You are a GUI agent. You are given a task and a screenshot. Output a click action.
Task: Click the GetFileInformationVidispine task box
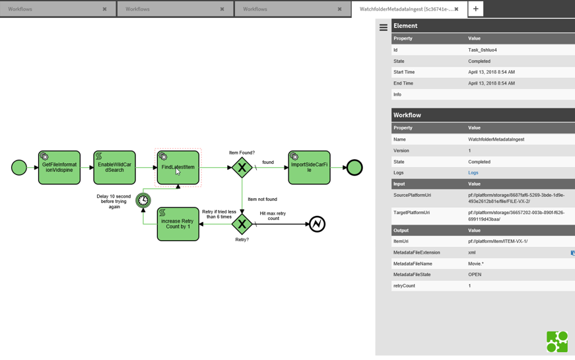(x=59, y=168)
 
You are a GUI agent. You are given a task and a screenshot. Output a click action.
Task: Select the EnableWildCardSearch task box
(x=115, y=168)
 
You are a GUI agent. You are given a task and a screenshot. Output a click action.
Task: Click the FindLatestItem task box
(x=178, y=168)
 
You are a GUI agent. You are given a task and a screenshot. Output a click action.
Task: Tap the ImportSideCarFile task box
(x=309, y=168)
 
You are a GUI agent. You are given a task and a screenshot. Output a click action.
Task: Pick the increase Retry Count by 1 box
(x=178, y=225)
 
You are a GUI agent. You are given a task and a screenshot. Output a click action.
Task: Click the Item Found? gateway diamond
(x=242, y=168)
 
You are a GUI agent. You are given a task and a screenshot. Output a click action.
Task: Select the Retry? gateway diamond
(x=242, y=225)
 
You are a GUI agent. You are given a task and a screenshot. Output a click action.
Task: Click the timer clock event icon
(x=143, y=200)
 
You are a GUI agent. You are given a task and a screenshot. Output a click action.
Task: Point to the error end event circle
(x=317, y=225)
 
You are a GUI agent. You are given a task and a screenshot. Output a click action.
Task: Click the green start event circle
(x=19, y=168)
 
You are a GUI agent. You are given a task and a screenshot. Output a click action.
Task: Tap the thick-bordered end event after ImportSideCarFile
(x=355, y=168)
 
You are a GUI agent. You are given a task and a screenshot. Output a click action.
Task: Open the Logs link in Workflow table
(x=473, y=173)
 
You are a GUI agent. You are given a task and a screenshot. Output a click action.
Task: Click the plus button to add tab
(x=475, y=9)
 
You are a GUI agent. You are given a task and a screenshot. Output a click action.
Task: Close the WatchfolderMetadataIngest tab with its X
(x=456, y=9)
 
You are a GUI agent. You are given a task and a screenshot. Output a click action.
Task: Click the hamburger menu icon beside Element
(x=384, y=28)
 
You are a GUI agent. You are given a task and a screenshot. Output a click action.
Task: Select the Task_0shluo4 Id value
(x=482, y=50)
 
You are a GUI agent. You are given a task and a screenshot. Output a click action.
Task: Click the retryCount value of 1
(x=470, y=286)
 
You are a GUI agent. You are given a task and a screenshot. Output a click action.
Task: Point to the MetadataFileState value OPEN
(x=475, y=275)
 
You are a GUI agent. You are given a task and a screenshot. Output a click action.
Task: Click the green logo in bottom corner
(x=557, y=342)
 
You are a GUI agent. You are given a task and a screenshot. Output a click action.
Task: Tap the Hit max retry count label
(x=273, y=216)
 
